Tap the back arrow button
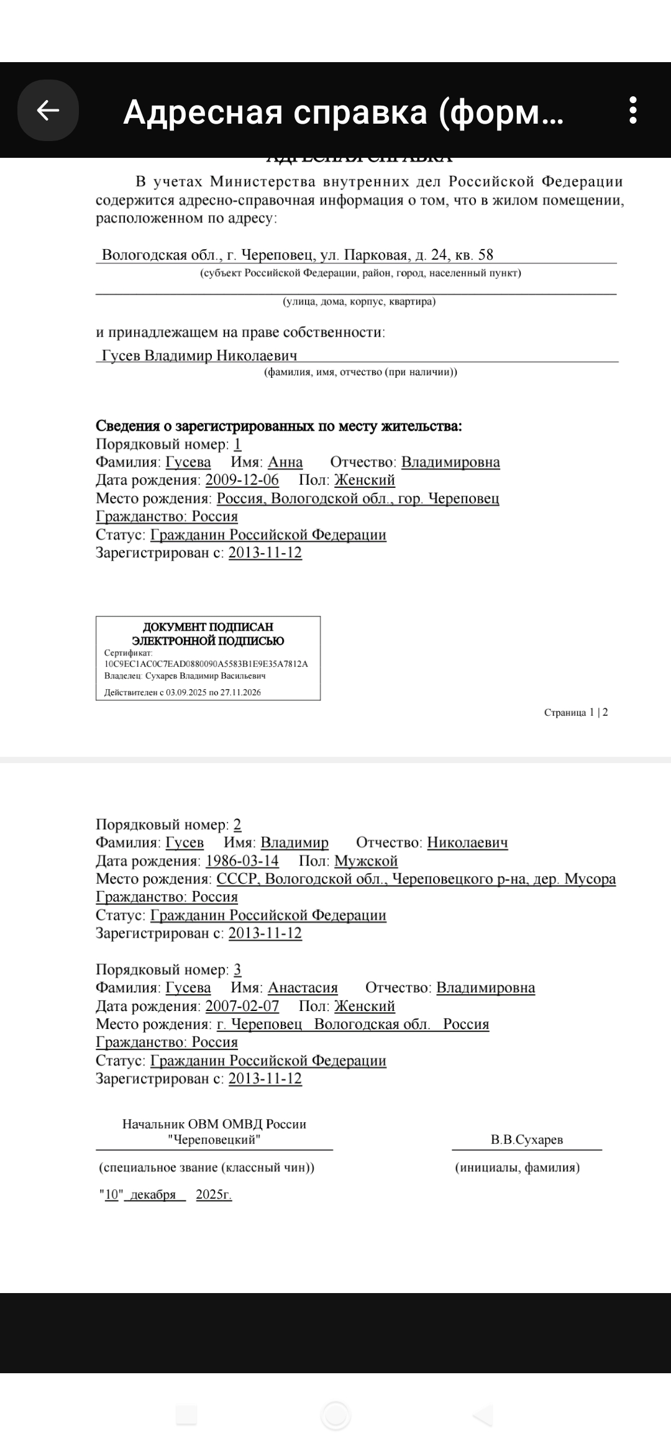click(x=48, y=111)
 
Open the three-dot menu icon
click(x=632, y=111)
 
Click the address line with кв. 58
click(x=298, y=255)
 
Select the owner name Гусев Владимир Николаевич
click(x=199, y=355)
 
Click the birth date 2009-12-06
click(x=242, y=480)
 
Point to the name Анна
click(x=285, y=462)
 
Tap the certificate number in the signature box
click(x=206, y=664)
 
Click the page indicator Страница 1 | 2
click(x=576, y=712)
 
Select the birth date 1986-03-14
click(x=242, y=861)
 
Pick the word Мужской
click(x=366, y=861)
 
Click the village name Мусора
click(x=590, y=879)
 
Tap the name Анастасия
click(x=303, y=987)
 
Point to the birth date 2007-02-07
click(x=242, y=1006)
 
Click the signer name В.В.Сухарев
click(x=527, y=1140)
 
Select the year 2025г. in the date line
click(x=214, y=1194)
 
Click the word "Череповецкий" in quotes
click(x=214, y=1140)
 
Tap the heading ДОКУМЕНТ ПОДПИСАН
click(x=208, y=627)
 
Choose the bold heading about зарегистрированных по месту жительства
click(x=279, y=426)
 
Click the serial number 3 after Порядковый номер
click(x=237, y=969)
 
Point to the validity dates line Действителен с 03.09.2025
click(x=183, y=692)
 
